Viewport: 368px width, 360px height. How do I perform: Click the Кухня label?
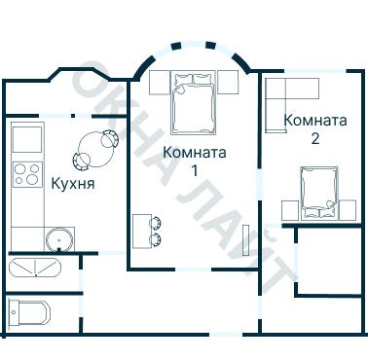[71, 181]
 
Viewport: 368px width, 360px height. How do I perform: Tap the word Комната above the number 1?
[195, 153]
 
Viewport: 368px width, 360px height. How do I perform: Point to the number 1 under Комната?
[195, 170]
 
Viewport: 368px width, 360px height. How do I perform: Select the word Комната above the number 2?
[314, 121]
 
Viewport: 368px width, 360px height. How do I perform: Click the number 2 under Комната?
[314, 138]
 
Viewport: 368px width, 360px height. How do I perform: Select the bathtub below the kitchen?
[34, 268]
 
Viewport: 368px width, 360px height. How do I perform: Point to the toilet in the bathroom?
[27, 314]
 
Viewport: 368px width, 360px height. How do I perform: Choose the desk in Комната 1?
[139, 230]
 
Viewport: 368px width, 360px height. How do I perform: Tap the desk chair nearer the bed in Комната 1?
[155, 221]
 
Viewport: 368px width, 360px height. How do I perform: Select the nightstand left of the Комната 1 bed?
[161, 83]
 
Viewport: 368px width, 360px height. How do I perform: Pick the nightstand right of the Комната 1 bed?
[228, 82]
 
